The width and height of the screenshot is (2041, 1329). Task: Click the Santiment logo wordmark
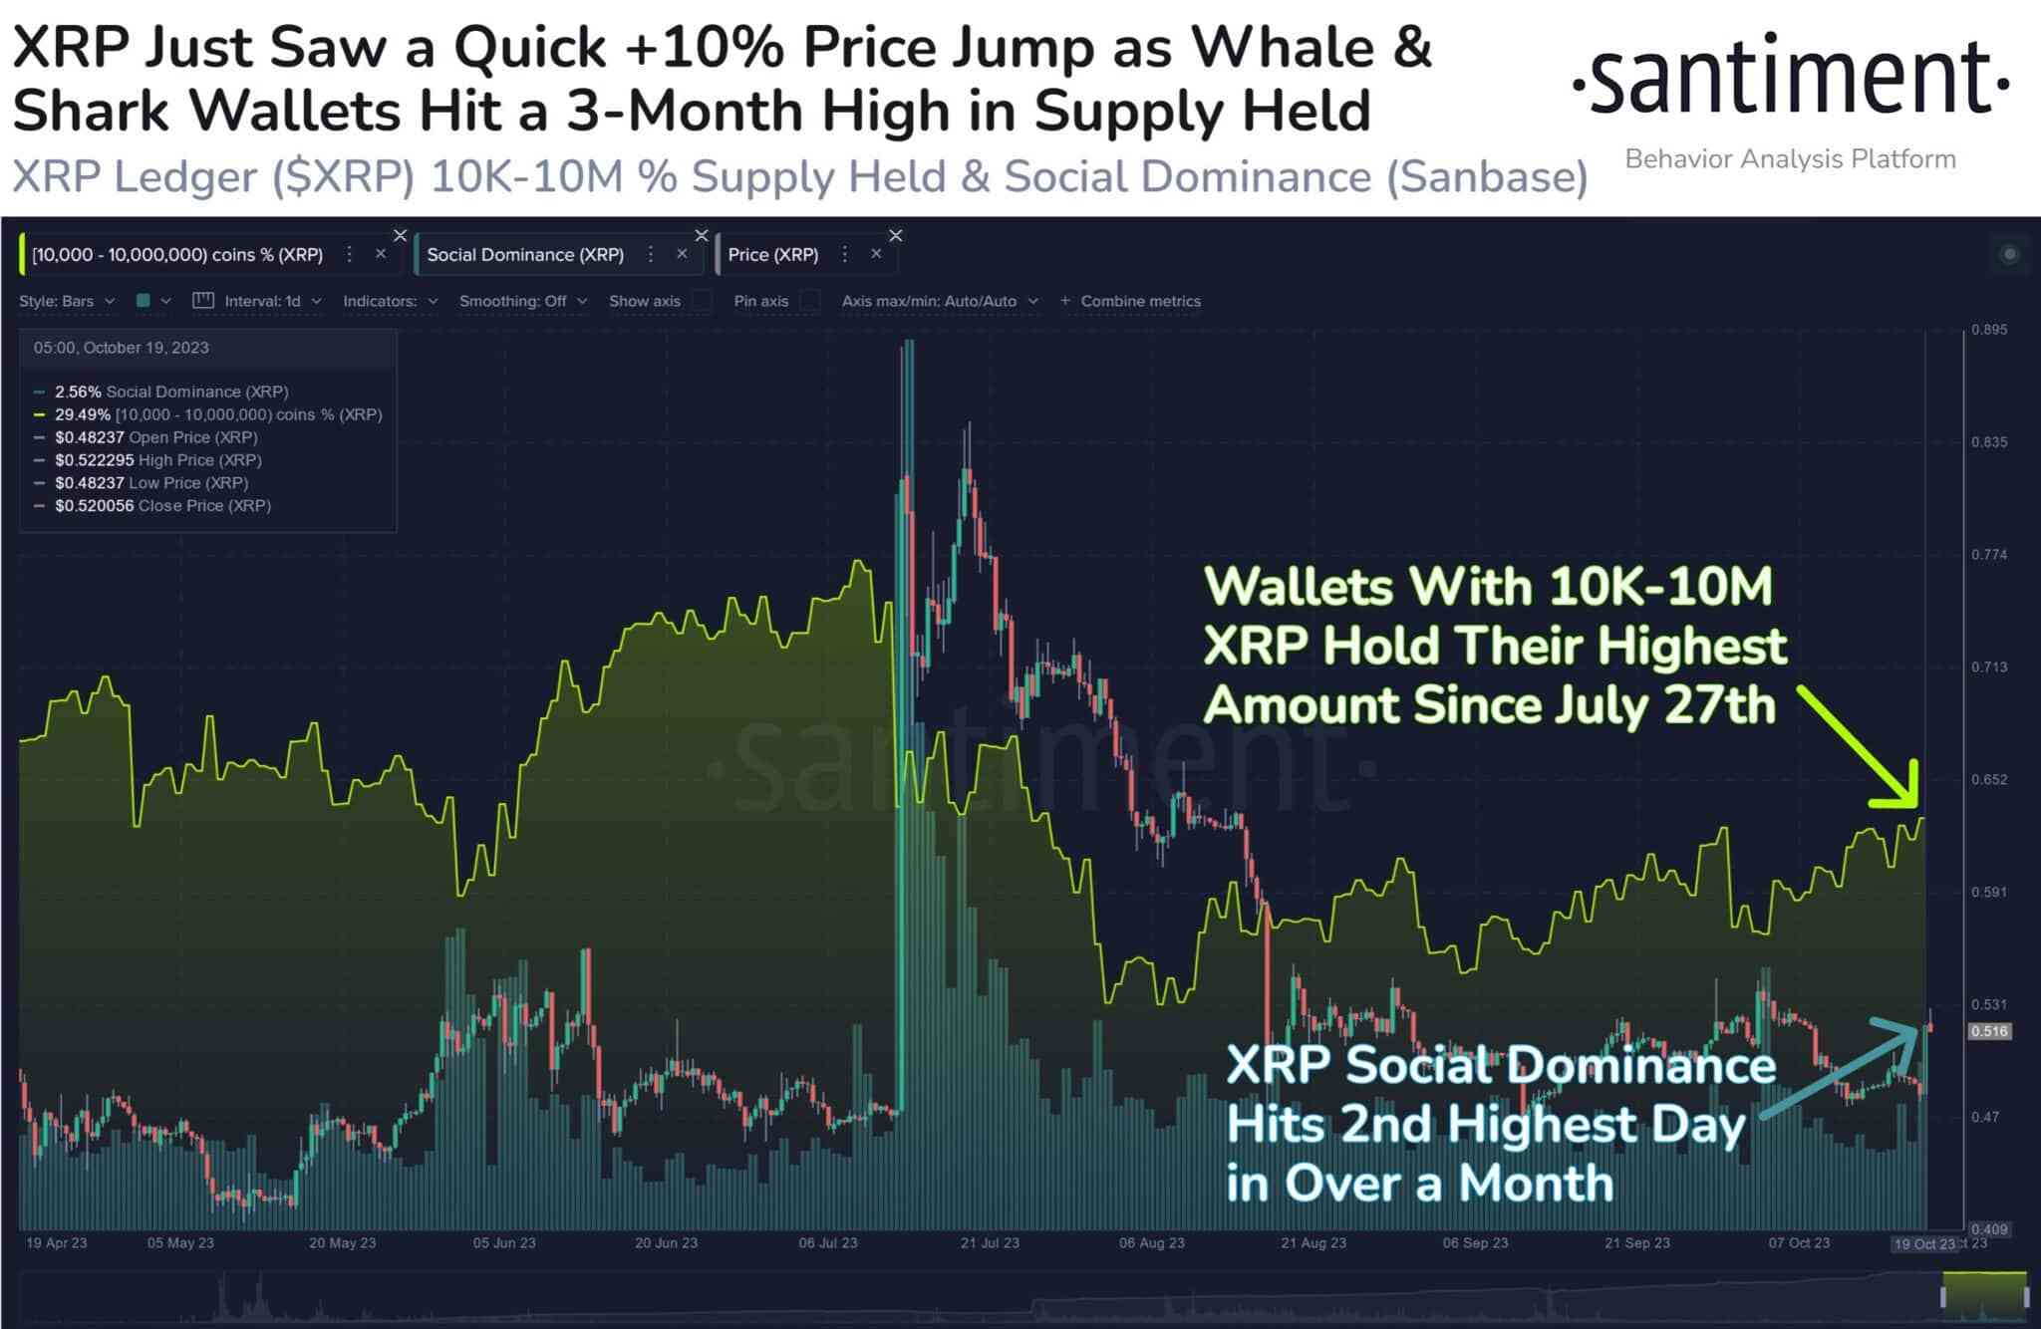(x=1790, y=77)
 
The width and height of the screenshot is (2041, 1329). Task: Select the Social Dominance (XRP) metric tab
(x=525, y=255)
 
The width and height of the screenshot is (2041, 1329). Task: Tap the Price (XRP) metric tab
(x=772, y=255)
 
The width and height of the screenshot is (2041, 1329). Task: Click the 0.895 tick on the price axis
(x=1988, y=330)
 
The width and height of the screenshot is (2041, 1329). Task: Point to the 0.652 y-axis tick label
(x=1988, y=780)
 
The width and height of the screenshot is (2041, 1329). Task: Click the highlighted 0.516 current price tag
(x=1988, y=1031)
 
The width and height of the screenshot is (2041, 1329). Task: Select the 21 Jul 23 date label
(x=990, y=1243)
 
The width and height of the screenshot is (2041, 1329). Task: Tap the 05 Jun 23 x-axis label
(x=504, y=1243)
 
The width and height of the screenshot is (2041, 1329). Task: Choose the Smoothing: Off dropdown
(x=522, y=301)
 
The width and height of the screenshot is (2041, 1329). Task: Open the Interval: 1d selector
(x=262, y=301)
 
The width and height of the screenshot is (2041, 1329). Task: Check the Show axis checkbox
(x=703, y=301)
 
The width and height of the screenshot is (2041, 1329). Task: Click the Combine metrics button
(x=1131, y=301)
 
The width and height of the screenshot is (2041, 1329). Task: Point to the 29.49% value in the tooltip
(x=82, y=414)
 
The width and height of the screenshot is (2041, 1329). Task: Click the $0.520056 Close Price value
(x=94, y=506)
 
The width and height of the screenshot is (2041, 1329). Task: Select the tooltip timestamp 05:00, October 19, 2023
(x=122, y=348)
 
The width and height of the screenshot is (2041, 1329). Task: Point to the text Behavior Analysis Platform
(x=1790, y=159)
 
